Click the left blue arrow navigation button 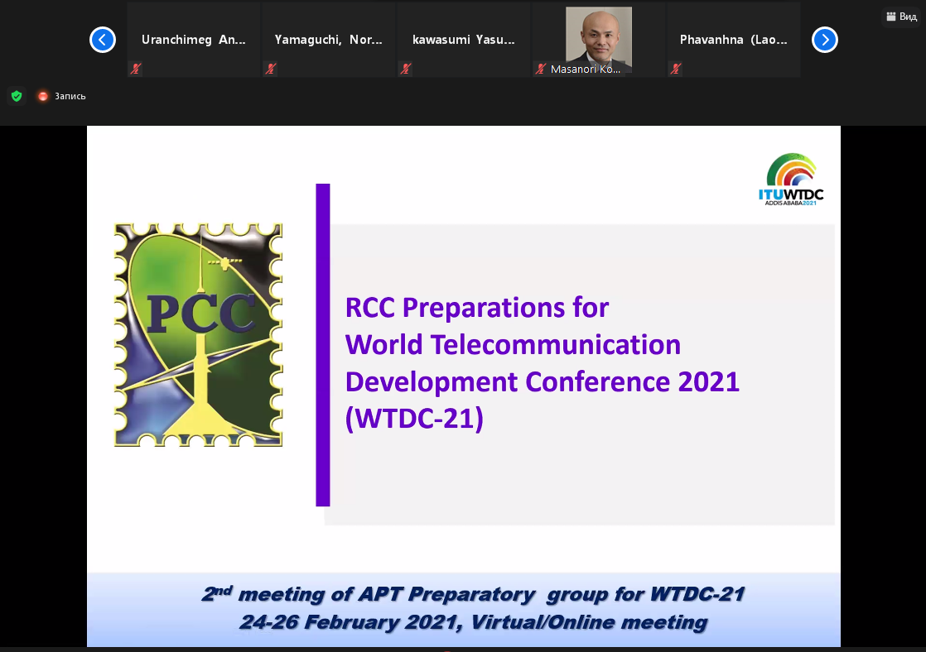pyautogui.click(x=103, y=40)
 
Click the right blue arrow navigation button pyautogui.click(x=825, y=40)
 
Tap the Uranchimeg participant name pyautogui.click(x=194, y=40)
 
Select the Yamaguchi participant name pyautogui.click(x=328, y=40)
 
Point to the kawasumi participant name pyautogui.click(x=464, y=40)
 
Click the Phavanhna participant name pyautogui.click(x=734, y=40)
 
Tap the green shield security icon pyautogui.click(x=17, y=96)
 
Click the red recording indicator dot pyautogui.click(x=42, y=96)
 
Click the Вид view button pyautogui.click(x=902, y=17)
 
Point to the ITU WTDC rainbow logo pyautogui.click(x=791, y=180)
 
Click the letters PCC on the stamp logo pyautogui.click(x=200, y=313)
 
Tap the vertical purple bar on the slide pyautogui.click(x=323, y=344)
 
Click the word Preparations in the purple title pyautogui.click(x=484, y=309)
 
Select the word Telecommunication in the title pyautogui.click(x=556, y=344)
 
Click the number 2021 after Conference pyautogui.click(x=709, y=381)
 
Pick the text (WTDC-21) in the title pyautogui.click(x=415, y=419)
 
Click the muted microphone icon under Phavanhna pyautogui.click(x=676, y=69)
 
